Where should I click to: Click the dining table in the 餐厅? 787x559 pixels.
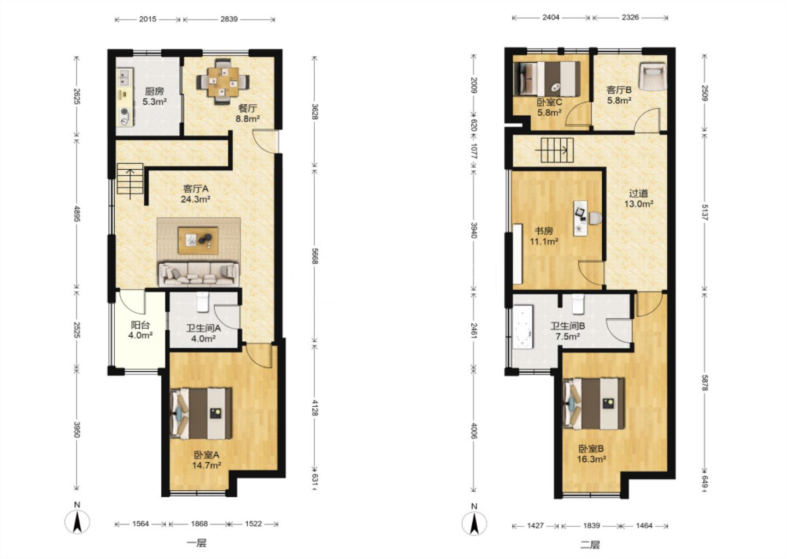(x=223, y=82)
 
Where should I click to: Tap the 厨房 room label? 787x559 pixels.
(x=154, y=92)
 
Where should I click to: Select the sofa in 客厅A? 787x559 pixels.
(x=199, y=273)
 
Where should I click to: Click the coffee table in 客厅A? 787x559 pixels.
(x=198, y=240)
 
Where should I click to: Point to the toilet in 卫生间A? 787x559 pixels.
(x=203, y=302)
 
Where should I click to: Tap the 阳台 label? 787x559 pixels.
(x=140, y=325)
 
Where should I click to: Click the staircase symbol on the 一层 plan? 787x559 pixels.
(x=130, y=179)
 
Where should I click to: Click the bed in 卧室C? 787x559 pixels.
(x=547, y=79)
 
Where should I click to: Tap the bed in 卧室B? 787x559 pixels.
(x=594, y=404)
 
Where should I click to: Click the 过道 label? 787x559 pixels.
(x=638, y=193)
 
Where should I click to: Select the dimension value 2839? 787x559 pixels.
(x=229, y=19)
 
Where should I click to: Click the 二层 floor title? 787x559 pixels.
(x=590, y=545)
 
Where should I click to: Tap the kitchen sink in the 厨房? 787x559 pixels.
(x=125, y=77)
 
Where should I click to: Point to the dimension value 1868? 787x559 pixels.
(x=199, y=524)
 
